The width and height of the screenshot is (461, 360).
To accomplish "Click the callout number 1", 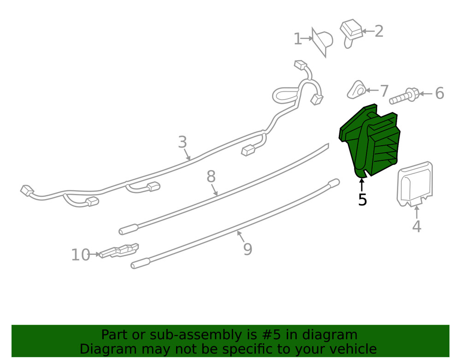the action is point(298,39).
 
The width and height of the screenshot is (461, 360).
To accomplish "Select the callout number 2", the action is point(379,31).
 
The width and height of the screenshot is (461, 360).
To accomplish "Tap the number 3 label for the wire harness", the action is point(183,142).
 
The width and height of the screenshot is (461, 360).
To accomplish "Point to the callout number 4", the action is point(417,226).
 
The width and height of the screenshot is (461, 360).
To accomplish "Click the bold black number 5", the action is point(362,200).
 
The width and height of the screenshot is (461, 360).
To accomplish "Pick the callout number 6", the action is point(439,94).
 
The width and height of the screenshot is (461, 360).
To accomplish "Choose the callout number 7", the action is point(384,91).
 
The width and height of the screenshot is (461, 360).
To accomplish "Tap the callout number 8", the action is point(211,177).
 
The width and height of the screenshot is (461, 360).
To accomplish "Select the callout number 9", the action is point(248,249).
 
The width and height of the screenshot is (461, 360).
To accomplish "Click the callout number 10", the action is point(81,255).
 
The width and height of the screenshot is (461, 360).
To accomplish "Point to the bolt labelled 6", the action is point(404,96).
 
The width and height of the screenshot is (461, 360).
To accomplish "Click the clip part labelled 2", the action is point(351,33).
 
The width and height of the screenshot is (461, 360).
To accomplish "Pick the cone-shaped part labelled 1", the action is point(322,42).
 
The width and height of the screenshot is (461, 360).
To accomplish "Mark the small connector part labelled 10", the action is point(119,251).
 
